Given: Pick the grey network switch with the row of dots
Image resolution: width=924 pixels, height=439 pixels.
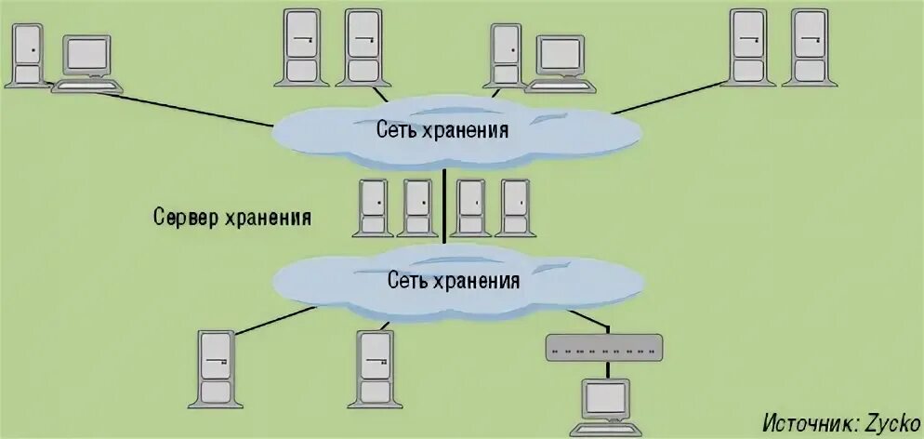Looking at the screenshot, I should [603, 347].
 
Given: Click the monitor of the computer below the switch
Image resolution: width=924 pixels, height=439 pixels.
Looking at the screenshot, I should [605, 398].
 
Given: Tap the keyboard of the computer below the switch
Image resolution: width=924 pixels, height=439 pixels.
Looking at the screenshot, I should [605, 429].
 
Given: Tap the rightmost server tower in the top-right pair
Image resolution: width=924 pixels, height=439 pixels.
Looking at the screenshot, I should [803, 47].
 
